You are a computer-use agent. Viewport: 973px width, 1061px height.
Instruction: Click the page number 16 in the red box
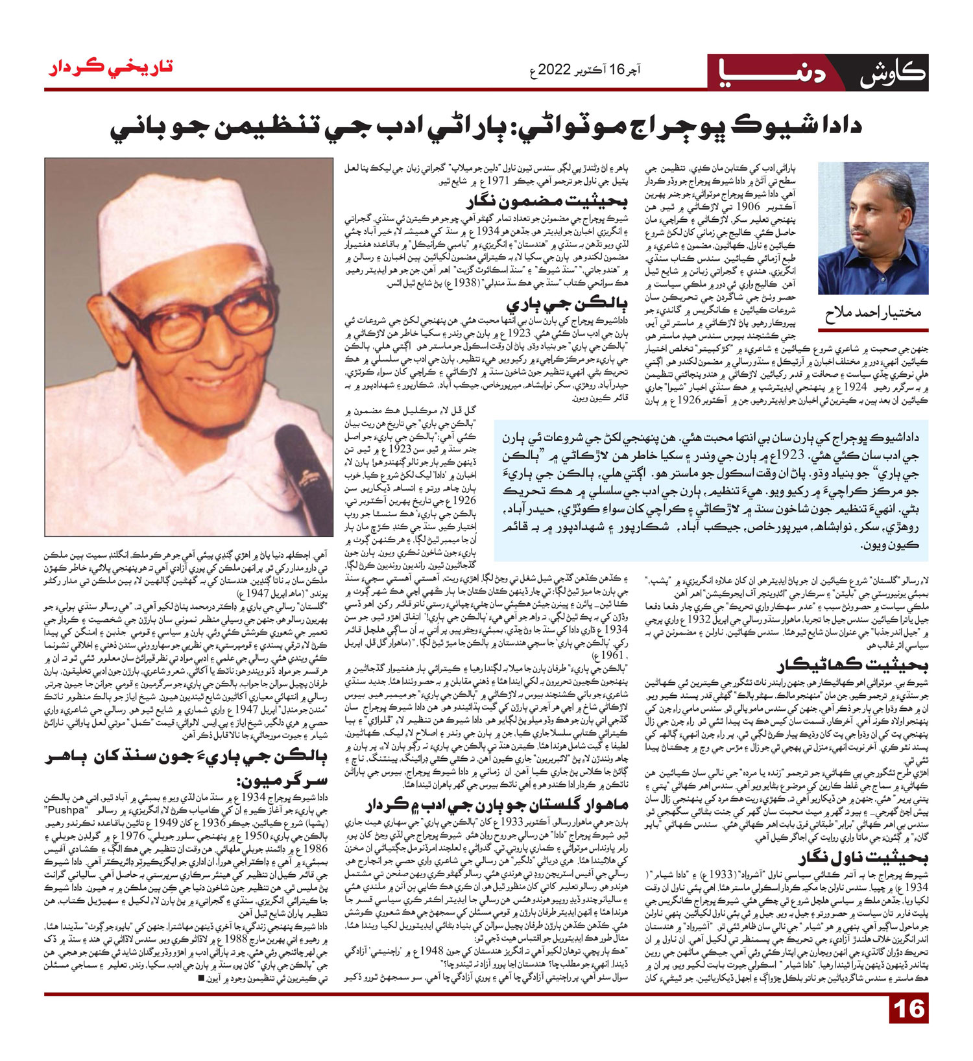[908, 1028]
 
